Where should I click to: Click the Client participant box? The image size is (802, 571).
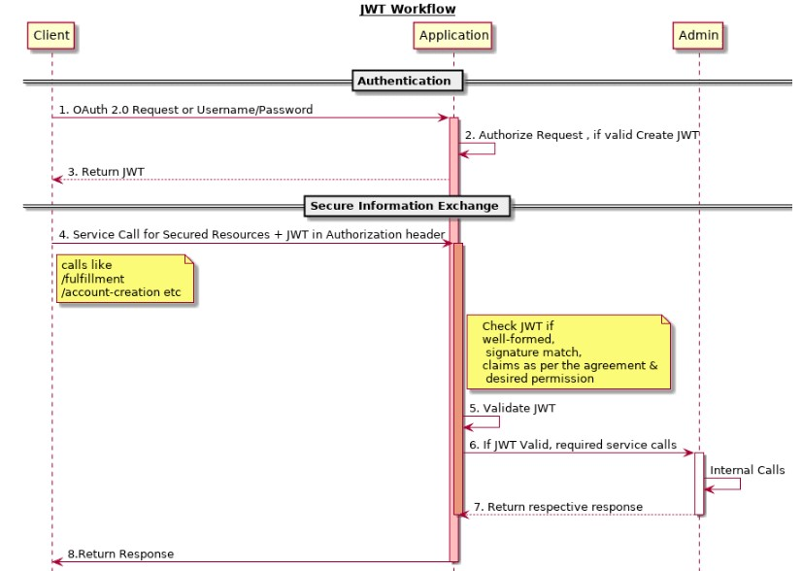tap(51, 35)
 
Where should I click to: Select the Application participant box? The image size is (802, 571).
tap(453, 35)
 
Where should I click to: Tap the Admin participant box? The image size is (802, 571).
tap(698, 35)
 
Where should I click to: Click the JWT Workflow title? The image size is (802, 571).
tap(408, 9)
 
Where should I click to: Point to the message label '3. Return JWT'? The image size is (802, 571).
tap(106, 172)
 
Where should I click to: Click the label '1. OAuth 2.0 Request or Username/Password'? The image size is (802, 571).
tap(185, 110)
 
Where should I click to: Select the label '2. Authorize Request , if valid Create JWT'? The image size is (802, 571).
tap(582, 135)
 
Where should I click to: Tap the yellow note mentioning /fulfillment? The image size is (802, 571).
tap(125, 279)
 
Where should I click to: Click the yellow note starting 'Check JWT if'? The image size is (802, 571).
tap(569, 352)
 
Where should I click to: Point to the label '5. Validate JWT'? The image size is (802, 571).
tap(512, 408)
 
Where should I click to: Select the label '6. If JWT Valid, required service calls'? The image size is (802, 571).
tap(573, 445)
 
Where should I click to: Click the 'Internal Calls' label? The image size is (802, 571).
tap(748, 470)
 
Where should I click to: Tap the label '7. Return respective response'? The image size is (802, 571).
tap(558, 507)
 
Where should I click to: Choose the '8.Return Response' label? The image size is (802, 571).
tap(120, 554)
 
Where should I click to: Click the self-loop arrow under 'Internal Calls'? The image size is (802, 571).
tap(740, 484)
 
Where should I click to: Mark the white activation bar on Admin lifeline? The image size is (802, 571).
tap(699, 484)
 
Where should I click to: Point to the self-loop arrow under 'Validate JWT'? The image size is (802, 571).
tap(499, 421)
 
